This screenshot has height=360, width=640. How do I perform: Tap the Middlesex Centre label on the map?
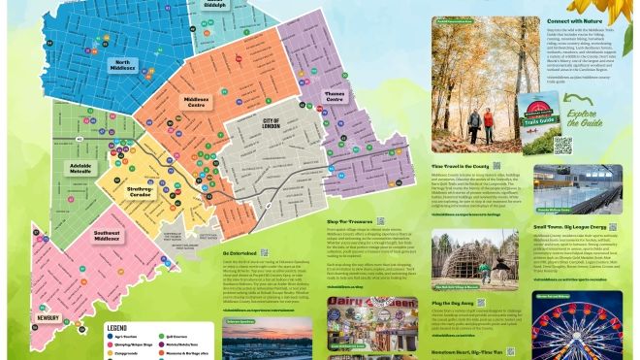[198, 104]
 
